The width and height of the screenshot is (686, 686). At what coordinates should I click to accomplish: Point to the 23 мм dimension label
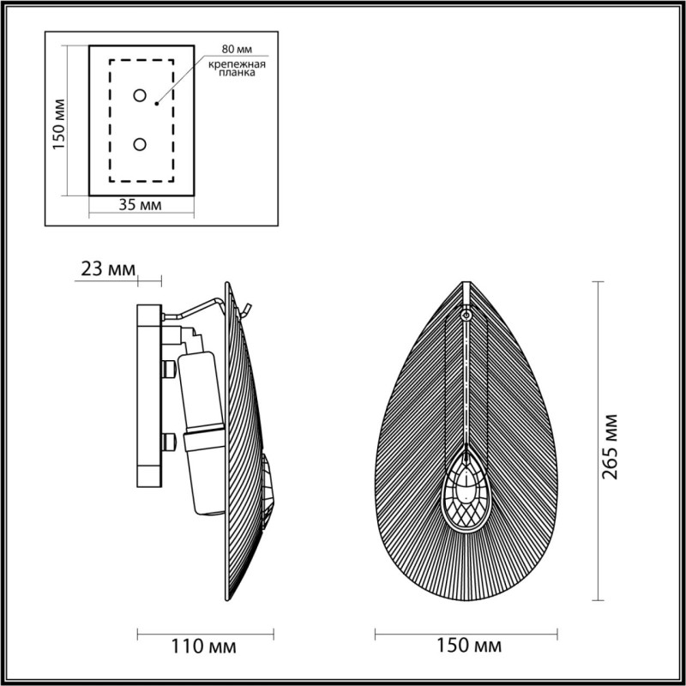(x=107, y=268)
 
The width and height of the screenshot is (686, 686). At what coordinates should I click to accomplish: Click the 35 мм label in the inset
(x=141, y=205)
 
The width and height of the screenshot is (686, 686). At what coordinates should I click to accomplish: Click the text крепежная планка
(x=233, y=69)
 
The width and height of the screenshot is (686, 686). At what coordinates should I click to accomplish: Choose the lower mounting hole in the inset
(x=140, y=144)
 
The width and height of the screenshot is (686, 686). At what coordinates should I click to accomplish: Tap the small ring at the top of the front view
(x=466, y=315)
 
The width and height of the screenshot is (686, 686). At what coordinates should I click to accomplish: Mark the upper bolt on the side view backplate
(x=168, y=369)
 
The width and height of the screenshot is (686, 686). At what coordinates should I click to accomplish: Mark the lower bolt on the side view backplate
(x=168, y=442)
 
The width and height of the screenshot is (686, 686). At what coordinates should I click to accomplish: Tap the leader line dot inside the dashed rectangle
(x=156, y=104)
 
